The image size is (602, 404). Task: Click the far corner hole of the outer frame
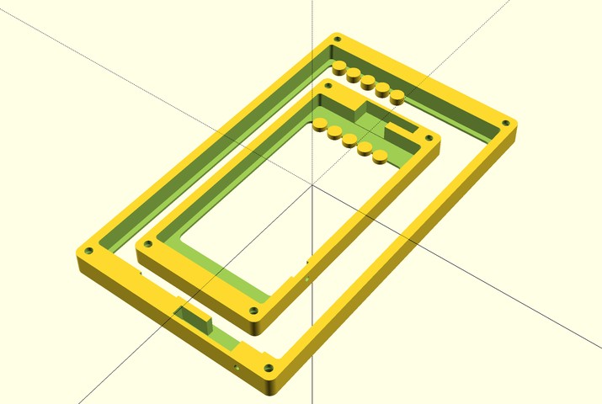coord(338,40)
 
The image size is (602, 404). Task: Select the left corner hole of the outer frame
coord(88,251)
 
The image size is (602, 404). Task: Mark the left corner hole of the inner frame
coord(149,245)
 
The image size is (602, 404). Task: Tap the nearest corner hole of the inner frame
coord(255,310)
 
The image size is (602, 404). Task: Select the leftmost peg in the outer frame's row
coord(338,66)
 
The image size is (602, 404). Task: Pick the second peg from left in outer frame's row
coord(353,73)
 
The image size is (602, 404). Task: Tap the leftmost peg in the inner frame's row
coord(320,125)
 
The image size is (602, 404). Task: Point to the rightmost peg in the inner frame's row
coord(380,154)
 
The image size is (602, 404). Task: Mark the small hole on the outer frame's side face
coord(237,367)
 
